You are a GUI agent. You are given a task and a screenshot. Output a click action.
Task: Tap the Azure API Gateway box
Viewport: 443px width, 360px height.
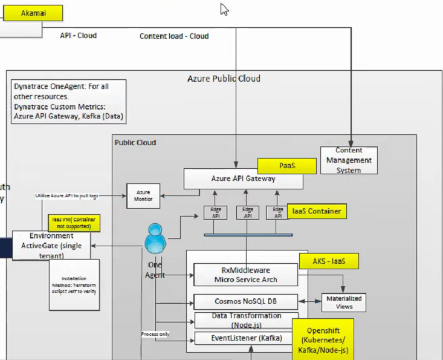[244, 178]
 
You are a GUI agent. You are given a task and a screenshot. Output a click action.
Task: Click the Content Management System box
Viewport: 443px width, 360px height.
[349, 160]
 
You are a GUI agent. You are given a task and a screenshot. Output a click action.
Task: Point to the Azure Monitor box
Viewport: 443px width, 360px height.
[143, 195]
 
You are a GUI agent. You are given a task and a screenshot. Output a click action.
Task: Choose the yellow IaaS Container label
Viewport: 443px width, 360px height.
[316, 211]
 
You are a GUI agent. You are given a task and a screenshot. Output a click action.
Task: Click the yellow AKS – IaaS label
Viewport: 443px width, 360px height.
[329, 261]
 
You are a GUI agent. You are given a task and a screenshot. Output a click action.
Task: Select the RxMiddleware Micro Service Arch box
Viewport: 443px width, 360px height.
[245, 274]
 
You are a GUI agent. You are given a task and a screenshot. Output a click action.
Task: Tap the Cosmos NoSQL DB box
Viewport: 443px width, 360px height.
[245, 301]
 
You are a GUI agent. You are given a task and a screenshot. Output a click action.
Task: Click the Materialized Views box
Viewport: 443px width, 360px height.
[343, 302]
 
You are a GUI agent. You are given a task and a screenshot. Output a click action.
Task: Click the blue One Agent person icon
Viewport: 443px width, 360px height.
[155, 239]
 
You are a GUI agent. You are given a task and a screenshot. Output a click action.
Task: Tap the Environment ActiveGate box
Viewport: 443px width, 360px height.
[51, 245]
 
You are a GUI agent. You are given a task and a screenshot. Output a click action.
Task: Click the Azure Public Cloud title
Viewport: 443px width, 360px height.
[224, 79]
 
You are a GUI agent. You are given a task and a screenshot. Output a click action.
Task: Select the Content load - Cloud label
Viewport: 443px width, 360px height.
[174, 36]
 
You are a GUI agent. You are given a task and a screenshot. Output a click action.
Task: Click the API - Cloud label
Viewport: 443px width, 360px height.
[78, 36]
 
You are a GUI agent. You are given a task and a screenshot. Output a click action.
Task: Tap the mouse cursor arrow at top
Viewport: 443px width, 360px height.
[224, 9]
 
